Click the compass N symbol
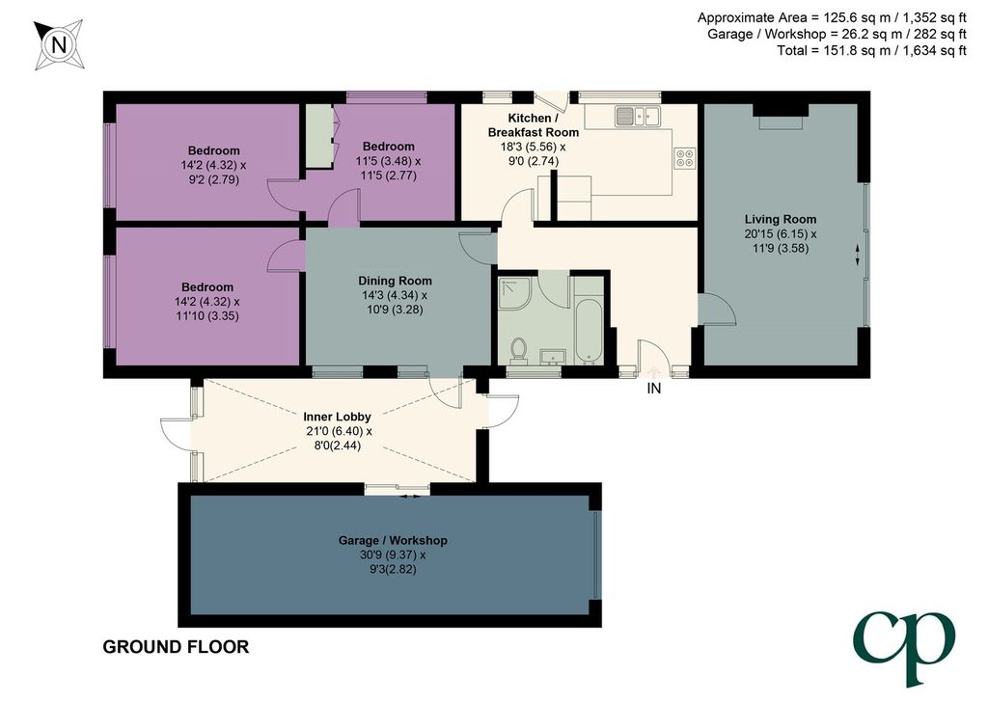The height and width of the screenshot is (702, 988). [59, 44]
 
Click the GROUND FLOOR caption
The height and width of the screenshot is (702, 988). [176, 647]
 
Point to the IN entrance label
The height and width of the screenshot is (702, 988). [654, 389]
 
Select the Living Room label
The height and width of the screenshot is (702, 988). [780, 219]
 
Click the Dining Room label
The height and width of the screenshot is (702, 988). [395, 281]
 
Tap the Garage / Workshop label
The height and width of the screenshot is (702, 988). [393, 540]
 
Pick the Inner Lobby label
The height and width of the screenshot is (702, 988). [337, 417]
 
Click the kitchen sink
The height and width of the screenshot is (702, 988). [637, 115]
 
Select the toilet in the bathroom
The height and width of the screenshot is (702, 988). [518, 350]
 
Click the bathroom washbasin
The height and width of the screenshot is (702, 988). [553, 357]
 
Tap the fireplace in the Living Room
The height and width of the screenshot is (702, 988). [781, 117]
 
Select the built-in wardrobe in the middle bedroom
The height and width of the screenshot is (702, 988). [319, 135]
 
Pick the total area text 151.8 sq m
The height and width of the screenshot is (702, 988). [871, 50]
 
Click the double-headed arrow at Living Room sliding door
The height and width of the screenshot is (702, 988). [857, 254]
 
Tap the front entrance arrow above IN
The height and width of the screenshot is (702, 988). [653, 371]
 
